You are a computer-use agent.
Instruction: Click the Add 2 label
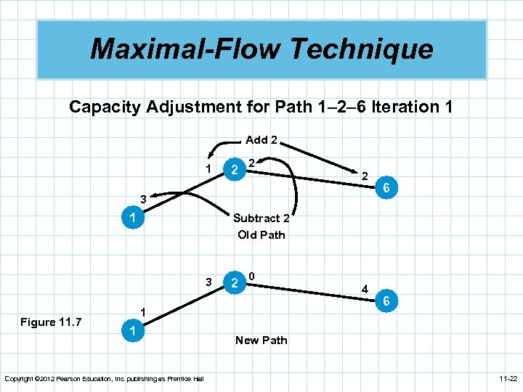tap(261, 139)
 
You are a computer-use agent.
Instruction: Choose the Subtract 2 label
tap(261, 218)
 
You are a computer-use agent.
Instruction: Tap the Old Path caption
tap(261, 234)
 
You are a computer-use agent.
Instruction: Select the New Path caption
tap(261, 340)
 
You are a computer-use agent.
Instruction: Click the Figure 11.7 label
tap(52, 322)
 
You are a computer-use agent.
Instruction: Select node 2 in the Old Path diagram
tap(233, 170)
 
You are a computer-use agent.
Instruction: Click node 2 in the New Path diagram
tap(233, 283)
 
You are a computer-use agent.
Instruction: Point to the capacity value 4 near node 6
tap(365, 288)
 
